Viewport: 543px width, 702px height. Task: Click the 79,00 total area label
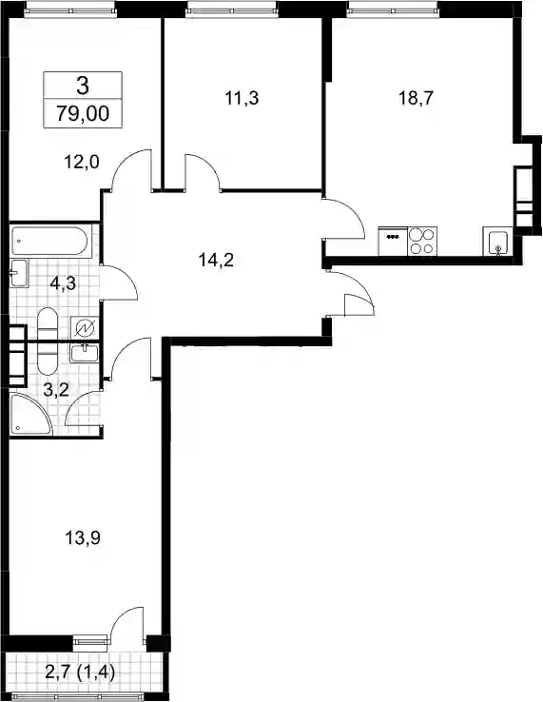click(83, 114)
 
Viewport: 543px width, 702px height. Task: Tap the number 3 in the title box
click(83, 86)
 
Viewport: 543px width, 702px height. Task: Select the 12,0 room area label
click(82, 162)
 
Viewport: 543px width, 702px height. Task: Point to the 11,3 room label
click(242, 98)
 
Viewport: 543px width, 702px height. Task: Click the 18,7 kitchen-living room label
click(417, 98)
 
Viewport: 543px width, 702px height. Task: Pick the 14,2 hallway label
click(216, 260)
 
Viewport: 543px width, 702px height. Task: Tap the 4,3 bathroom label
click(63, 283)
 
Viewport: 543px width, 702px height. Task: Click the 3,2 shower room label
click(56, 389)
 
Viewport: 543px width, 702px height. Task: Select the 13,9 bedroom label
click(83, 537)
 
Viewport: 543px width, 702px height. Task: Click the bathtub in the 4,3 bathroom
click(50, 242)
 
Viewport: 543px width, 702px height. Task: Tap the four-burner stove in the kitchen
click(422, 242)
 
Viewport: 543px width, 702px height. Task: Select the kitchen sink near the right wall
click(497, 242)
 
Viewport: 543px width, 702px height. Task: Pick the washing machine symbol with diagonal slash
click(85, 329)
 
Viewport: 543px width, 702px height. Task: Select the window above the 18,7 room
click(392, 8)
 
